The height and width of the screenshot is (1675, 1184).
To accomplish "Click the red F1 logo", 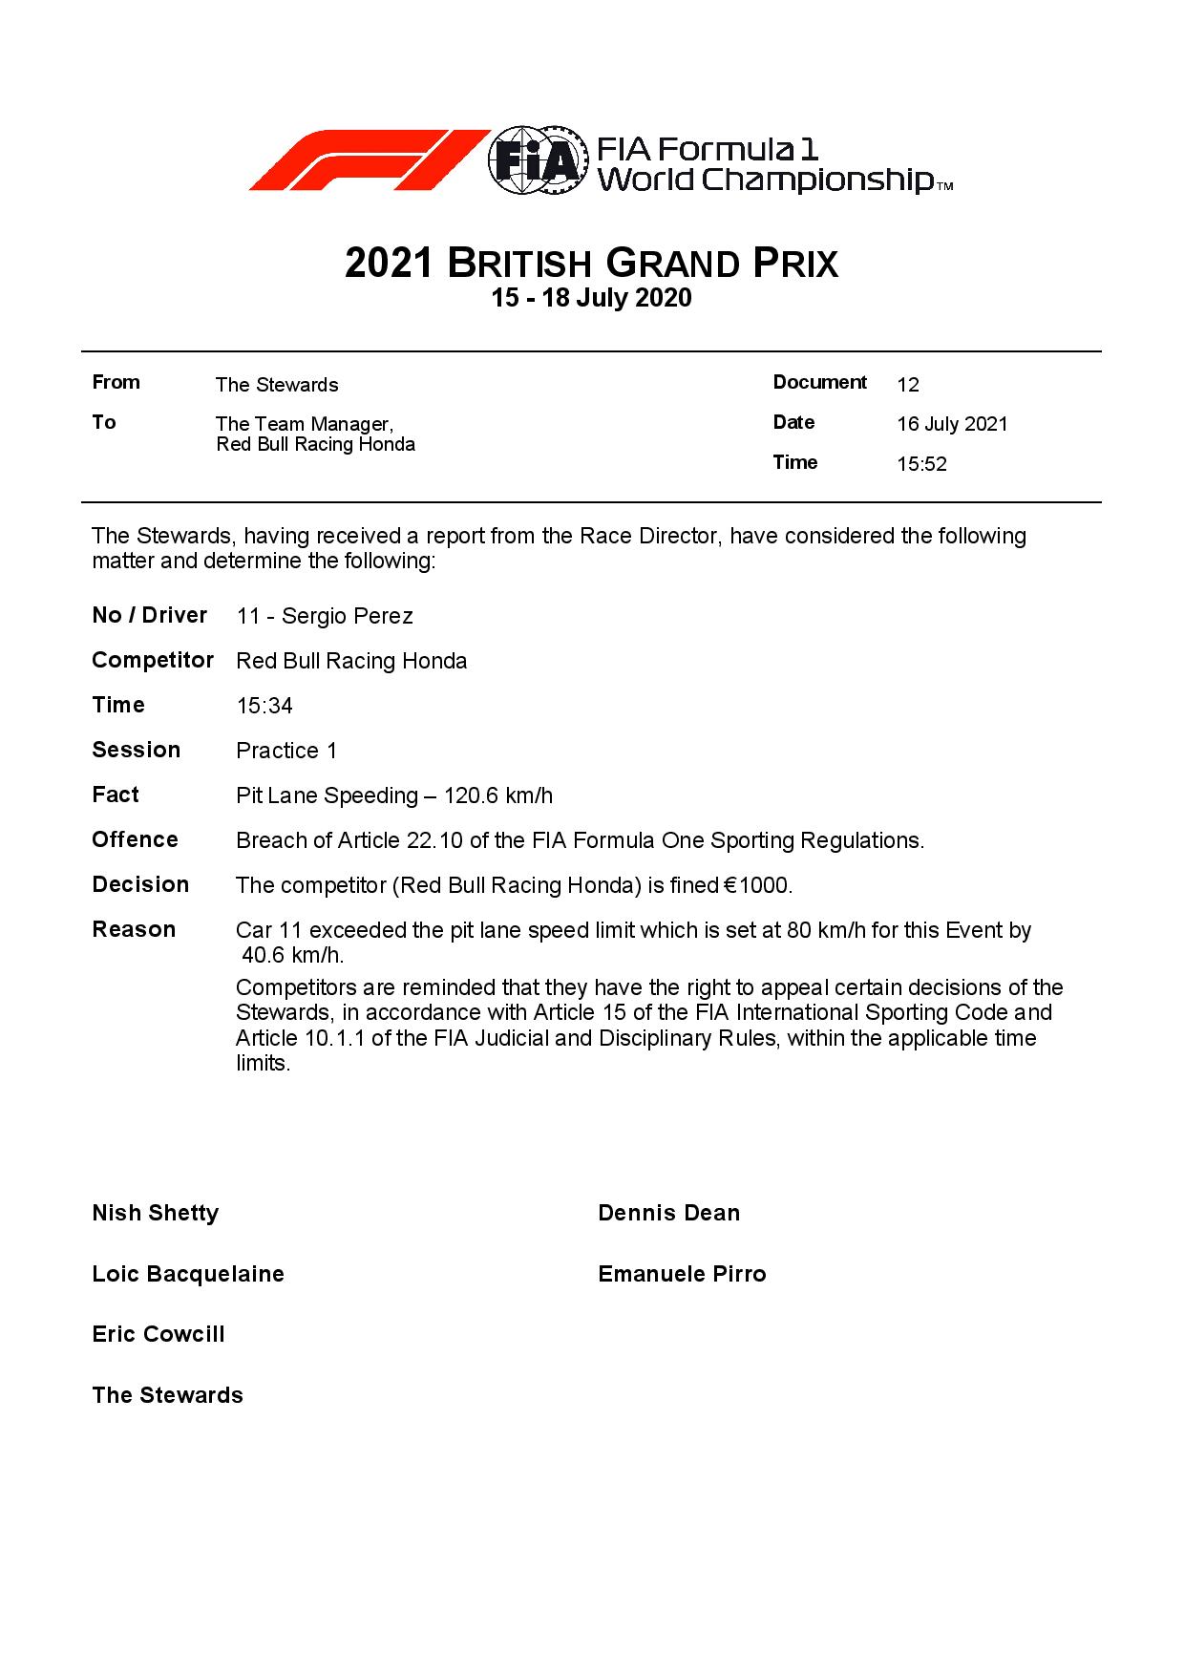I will [368, 159].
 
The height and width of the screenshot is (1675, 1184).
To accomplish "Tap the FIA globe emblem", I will [537, 160].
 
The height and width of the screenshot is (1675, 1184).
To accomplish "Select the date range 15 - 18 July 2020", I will [591, 298].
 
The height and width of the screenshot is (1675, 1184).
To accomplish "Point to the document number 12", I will [908, 385].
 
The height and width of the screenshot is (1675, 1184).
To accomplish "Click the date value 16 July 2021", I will [952, 424].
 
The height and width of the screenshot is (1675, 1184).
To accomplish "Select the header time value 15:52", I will [921, 465].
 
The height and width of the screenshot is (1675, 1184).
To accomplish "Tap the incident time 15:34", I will [264, 706].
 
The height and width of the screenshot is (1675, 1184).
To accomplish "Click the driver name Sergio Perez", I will [348, 616].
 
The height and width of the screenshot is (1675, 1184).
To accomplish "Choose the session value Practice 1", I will [286, 751].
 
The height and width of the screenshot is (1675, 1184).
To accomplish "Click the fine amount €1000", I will [758, 885].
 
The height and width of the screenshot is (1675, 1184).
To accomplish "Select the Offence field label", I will [135, 839].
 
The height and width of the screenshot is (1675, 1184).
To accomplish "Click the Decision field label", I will [140, 884].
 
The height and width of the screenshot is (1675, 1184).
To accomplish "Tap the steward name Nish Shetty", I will [156, 1213].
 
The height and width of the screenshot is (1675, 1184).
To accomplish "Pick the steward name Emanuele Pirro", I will [682, 1274].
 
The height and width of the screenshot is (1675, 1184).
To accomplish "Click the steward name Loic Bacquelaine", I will [188, 1274].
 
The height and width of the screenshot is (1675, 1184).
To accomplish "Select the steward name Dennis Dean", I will [668, 1213].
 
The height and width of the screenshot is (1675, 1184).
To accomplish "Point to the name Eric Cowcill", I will [159, 1334].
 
